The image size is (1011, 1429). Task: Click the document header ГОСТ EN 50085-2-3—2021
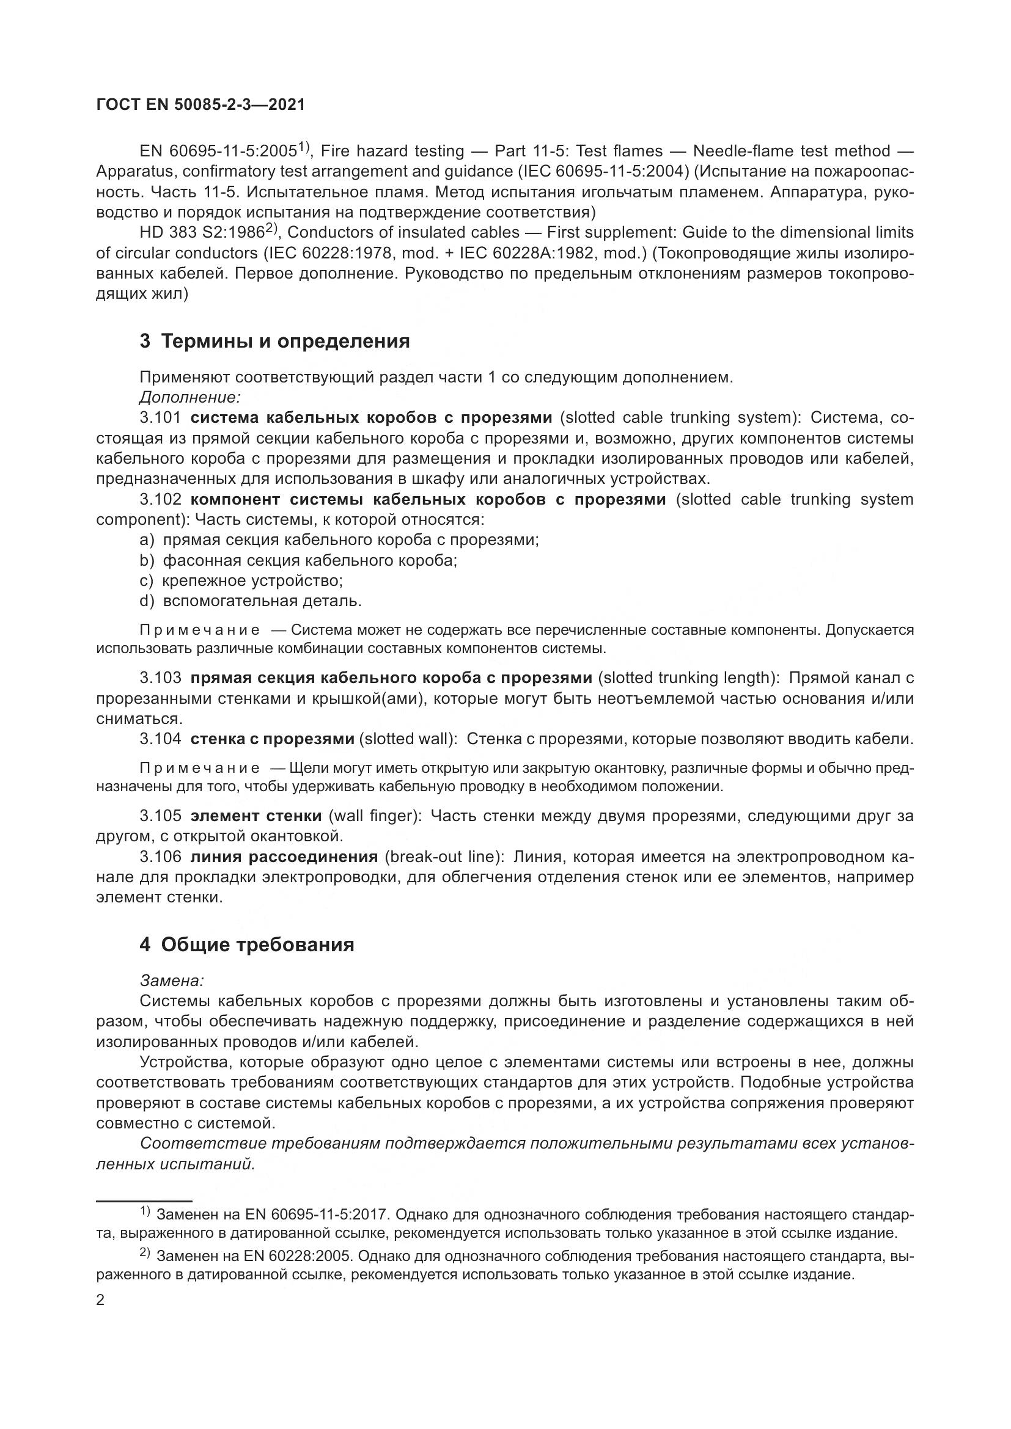pos(200,104)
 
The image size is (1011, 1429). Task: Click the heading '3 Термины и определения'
pos(274,341)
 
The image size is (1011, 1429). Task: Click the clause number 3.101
pos(160,417)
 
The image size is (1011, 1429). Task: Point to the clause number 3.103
pos(160,678)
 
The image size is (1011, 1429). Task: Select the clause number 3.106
pos(160,857)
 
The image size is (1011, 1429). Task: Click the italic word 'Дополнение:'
pos(190,397)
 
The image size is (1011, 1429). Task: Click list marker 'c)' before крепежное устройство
pos(147,580)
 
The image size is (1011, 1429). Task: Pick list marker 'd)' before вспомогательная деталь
pos(147,601)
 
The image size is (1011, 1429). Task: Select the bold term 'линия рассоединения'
pos(284,857)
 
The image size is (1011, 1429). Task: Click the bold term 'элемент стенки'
pos(256,816)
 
